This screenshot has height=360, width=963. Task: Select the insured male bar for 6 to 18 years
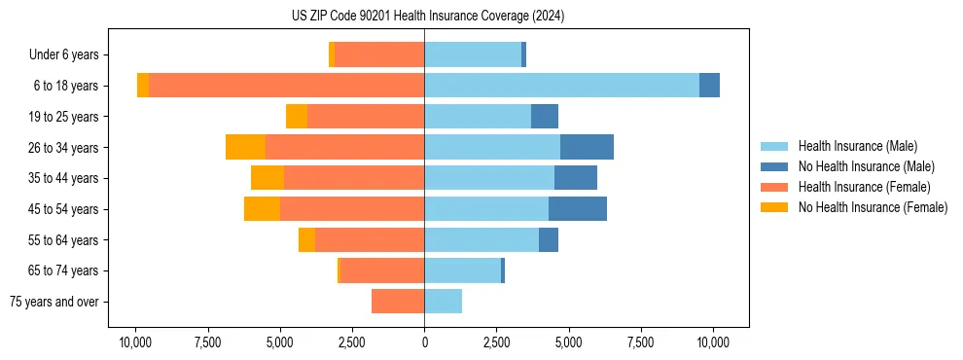561,86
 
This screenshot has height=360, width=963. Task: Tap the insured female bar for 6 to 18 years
286,86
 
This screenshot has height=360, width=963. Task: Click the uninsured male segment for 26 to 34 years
587,147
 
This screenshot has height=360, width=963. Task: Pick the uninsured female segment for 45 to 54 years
262,209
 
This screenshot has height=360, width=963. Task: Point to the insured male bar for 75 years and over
443,302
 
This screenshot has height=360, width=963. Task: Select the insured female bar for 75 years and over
398,302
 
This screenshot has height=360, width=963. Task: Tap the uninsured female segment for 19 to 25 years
297,117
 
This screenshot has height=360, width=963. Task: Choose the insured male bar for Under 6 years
473,54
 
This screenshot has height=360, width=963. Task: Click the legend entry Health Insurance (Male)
857,146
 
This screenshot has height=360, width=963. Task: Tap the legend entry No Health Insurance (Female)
873,207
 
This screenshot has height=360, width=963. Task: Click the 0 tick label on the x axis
424,342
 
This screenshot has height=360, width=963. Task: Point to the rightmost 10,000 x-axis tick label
714,342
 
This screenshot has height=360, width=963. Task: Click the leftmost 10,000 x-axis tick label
135,342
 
